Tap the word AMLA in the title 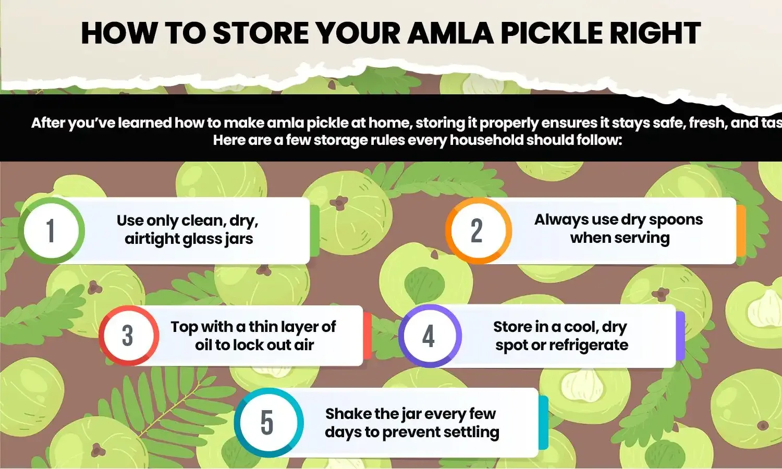(450, 33)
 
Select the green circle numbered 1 (51, 230)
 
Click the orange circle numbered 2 (478, 230)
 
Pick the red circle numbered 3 (128, 336)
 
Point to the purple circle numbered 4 (429, 336)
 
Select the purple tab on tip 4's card (680, 336)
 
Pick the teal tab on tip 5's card (543, 422)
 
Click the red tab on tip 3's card (368, 336)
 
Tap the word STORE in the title (260, 33)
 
